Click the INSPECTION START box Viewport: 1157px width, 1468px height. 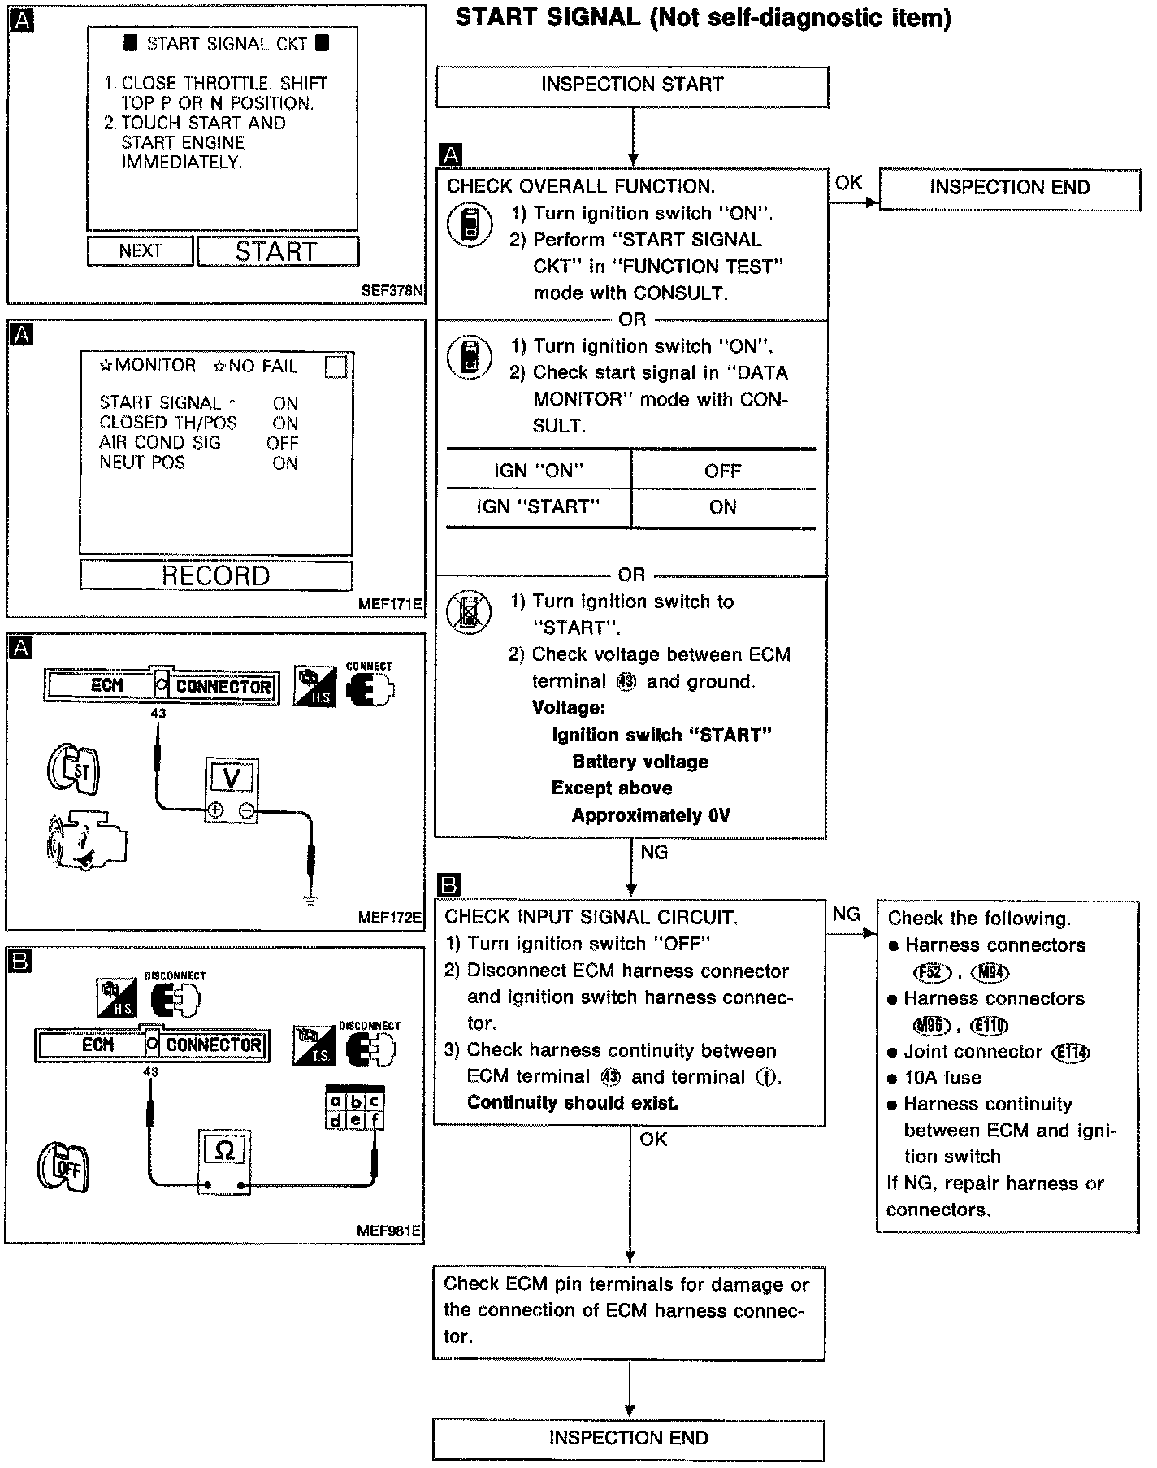coord(632,85)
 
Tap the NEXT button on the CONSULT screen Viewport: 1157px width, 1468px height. coord(140,251)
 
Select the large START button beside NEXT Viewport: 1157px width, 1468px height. coord(277,251)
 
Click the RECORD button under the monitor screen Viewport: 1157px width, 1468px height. coord(215,575)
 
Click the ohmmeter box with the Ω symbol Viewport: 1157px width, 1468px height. coord(224,1150)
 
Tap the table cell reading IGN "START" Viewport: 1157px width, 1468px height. coord(538,507)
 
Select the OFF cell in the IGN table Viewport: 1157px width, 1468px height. coord(722,471)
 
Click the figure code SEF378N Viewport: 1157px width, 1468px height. coord(393,290)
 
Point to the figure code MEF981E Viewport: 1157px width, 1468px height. coord(389,1231)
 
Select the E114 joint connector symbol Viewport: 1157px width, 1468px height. coord(1071,1053)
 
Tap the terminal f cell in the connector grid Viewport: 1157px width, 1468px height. coord(375,1120)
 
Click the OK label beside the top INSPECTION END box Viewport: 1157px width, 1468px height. coord(848,183)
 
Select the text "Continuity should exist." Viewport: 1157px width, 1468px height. coord(573,1103)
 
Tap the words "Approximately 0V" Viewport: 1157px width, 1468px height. coord(651,815)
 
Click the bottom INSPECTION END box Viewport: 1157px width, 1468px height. coord(628,1438)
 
